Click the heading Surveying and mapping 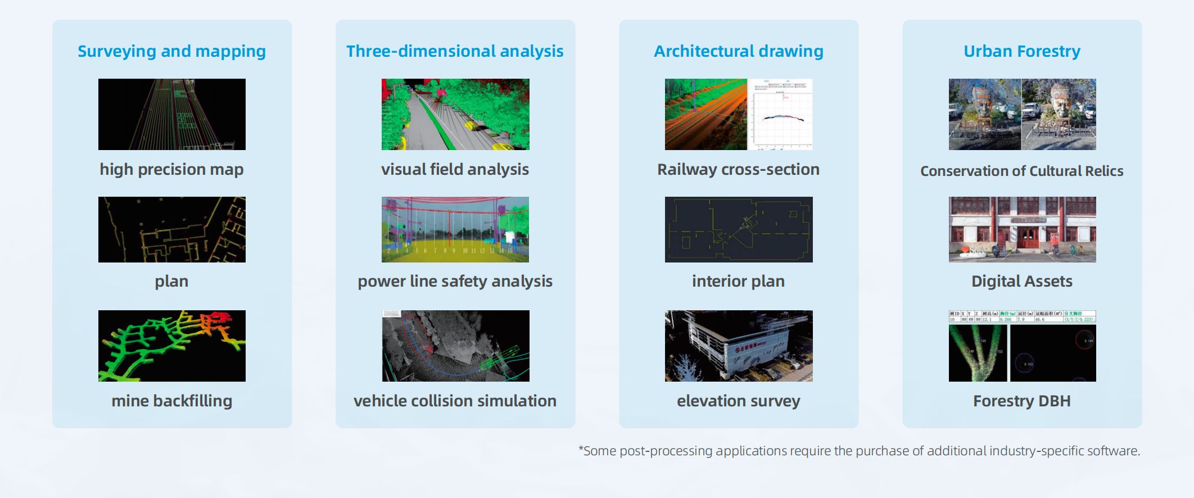point(171,51)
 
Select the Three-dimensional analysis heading point(455,51)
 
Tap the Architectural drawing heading point(738,51)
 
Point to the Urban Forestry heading point(1021,51)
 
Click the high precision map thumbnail point(171,114)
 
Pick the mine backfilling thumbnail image point(171,346)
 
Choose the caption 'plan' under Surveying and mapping point(171,281)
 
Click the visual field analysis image point(455,114)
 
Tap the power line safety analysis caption point(455,281)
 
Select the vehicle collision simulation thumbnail point(455,346)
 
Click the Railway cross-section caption point(738,169)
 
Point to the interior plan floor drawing point(739,229)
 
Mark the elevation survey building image point(739,346)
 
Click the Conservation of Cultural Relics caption point(1021,171)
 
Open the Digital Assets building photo point(1022,229)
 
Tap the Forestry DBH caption point(1021,401)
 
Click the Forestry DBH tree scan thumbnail point(1022,346)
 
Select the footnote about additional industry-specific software point(859,451)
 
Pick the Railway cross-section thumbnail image point(739,114)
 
